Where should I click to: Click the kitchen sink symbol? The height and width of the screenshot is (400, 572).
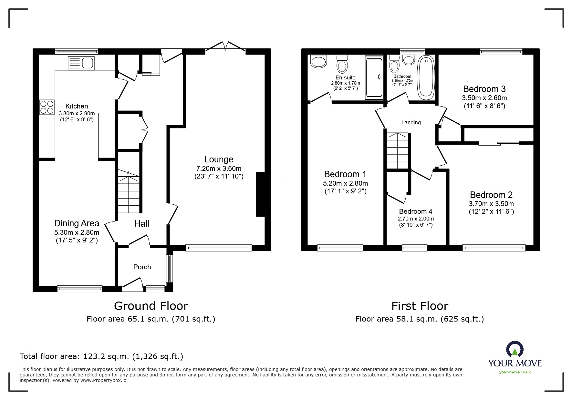tap(81, 63)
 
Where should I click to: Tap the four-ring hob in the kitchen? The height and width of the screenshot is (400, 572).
tap(47, 107)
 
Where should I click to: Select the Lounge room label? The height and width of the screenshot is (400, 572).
tap(219, 159)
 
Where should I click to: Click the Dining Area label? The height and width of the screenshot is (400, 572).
tap(77, 223)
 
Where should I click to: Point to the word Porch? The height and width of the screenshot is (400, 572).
tap(142, 267)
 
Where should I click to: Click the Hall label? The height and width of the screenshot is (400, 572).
tap(142, 224)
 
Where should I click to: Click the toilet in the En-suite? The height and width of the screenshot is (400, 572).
tap(342, 64)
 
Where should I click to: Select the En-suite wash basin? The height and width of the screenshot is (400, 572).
tap(318, 61)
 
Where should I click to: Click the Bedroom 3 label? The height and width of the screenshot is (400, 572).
tap(484, 89)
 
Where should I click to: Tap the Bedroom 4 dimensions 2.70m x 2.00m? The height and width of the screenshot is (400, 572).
tap(416, 219)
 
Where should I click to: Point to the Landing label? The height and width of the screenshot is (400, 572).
tap(411, 123)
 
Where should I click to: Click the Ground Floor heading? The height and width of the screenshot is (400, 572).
tap(151, 306)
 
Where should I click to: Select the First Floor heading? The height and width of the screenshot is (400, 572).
tap(420, 306)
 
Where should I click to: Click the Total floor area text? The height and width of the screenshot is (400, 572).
tap(101, 356)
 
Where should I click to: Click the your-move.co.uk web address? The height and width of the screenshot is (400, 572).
tap(515, 372)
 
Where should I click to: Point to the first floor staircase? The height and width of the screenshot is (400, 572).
tap(398, 151)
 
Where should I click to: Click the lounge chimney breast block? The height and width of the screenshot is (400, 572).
tap(260, 194)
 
